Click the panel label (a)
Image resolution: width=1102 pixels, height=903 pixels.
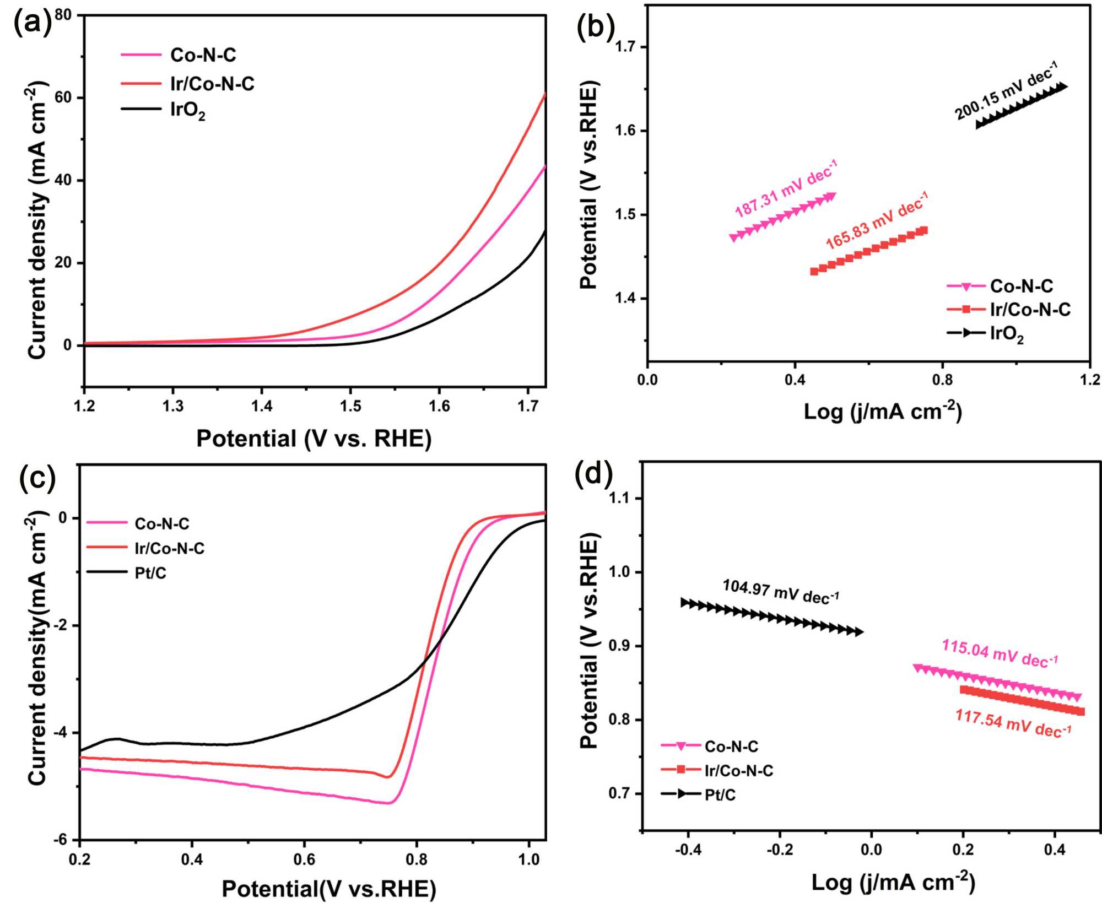32,23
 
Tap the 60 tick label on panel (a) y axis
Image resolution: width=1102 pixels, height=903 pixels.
63,98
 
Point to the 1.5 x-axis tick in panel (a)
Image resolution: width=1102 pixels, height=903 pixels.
350,407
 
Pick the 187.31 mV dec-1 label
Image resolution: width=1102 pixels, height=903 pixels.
786,188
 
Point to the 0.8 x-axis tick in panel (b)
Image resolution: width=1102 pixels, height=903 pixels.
942,380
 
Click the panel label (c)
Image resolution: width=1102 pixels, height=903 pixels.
37,477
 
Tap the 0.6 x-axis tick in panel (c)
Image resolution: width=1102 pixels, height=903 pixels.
304,859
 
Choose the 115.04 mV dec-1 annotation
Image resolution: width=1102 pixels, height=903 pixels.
1000,653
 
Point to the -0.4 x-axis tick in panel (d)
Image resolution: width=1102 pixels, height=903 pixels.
688,850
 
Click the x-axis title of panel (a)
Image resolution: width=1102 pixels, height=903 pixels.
314,439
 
